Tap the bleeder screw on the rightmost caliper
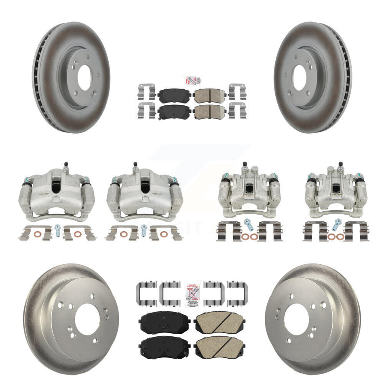(340, 165)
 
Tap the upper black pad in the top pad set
(170, 95)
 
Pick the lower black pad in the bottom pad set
(165, 346)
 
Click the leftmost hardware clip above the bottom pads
(145, 290)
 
